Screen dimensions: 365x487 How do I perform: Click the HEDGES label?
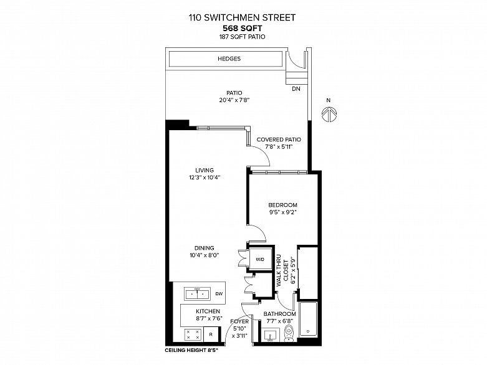click(229, 59)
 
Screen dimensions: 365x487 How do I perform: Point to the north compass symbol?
click(329, 113)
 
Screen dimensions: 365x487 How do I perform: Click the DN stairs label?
click(295, 89)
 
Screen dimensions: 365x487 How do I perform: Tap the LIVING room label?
click(205, 170)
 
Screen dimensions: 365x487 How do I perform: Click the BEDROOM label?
click(282, 205)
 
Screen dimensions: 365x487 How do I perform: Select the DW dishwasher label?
click(218, 293)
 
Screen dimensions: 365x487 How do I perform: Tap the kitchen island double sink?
click(197, 293)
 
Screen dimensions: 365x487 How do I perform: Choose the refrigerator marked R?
click(211, 334)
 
